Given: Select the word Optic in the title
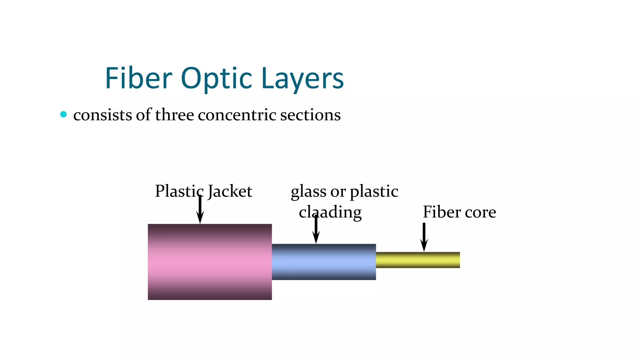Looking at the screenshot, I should (216, 79).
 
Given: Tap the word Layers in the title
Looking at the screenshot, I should (302, 79).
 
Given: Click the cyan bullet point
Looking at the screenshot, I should (63, 114).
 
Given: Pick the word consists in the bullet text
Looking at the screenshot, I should (102, 115).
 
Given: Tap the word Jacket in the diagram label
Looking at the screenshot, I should (230, 191).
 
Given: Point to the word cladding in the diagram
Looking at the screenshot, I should (330, 212).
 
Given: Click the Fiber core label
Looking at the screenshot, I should (459, 212).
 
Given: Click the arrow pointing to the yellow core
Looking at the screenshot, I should (424, 237).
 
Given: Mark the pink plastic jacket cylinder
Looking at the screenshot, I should (210, 262).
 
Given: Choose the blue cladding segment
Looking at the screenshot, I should (324, 262).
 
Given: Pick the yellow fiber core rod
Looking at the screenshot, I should (417, 260).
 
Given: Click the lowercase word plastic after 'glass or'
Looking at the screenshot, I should (374, 192).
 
